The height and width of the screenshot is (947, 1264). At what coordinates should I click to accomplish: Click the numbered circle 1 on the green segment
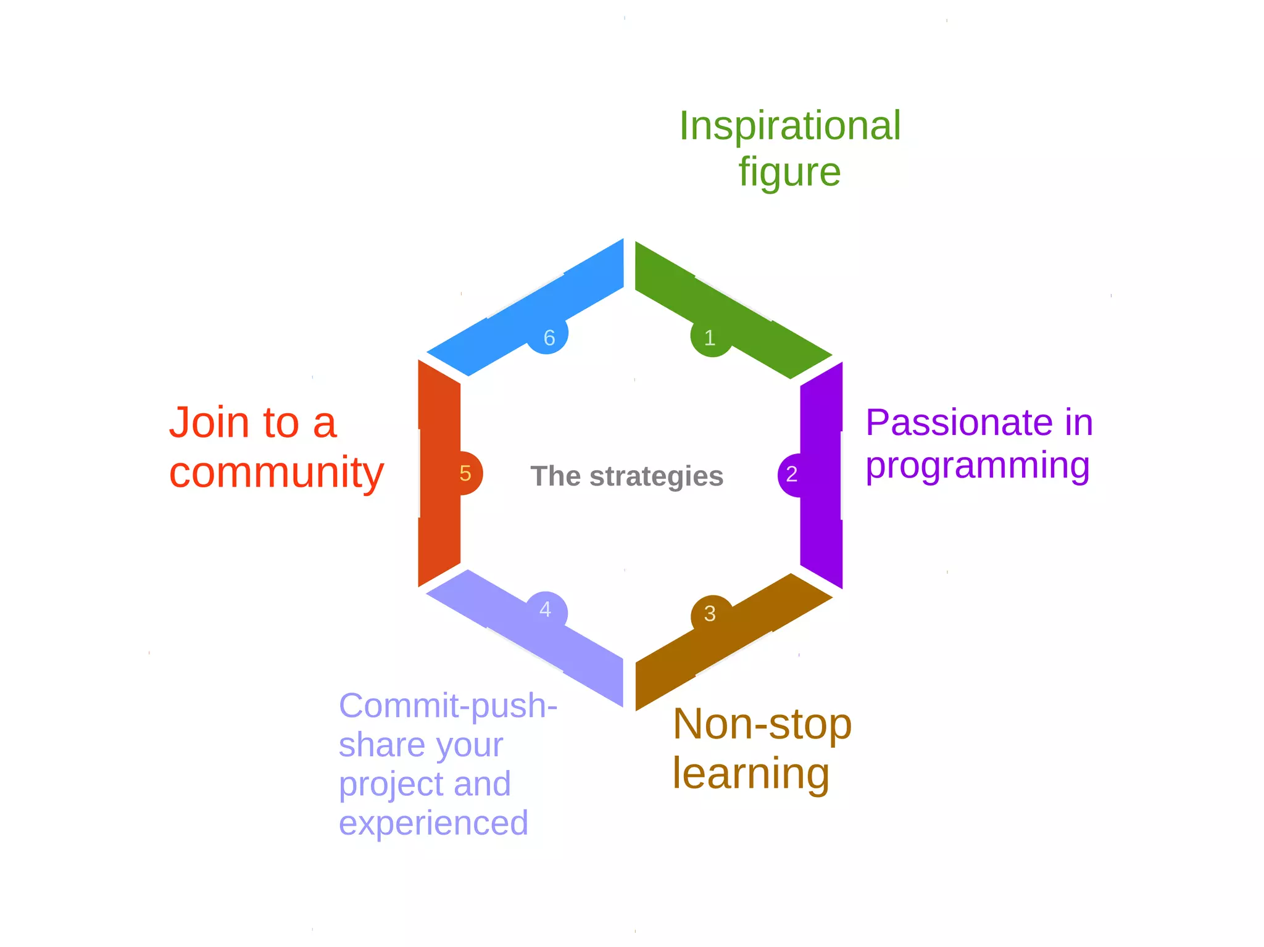710,337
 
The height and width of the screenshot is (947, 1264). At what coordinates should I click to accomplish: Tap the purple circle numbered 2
792,474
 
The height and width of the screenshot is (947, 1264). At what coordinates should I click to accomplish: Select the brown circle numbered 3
710,613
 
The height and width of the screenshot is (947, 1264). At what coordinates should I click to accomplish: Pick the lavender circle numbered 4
546,611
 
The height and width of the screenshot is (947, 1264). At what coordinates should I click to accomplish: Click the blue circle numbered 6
548,336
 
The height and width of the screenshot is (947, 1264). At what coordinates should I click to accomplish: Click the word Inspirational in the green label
790,126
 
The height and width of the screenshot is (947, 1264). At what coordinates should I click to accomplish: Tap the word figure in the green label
789,172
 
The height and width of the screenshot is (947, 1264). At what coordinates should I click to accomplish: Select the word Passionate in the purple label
958,423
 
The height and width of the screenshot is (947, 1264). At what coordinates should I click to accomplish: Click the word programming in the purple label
978,466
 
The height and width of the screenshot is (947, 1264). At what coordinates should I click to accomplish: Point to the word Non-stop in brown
762,724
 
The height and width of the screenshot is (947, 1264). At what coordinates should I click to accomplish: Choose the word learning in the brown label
751,774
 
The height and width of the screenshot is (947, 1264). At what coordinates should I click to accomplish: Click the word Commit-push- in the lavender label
448,706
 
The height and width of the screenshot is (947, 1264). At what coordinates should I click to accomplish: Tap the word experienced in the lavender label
433,824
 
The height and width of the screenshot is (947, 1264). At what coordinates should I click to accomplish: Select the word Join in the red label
209,423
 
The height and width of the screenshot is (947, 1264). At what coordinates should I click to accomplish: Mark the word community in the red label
276,473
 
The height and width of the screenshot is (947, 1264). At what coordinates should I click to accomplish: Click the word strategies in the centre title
656,477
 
